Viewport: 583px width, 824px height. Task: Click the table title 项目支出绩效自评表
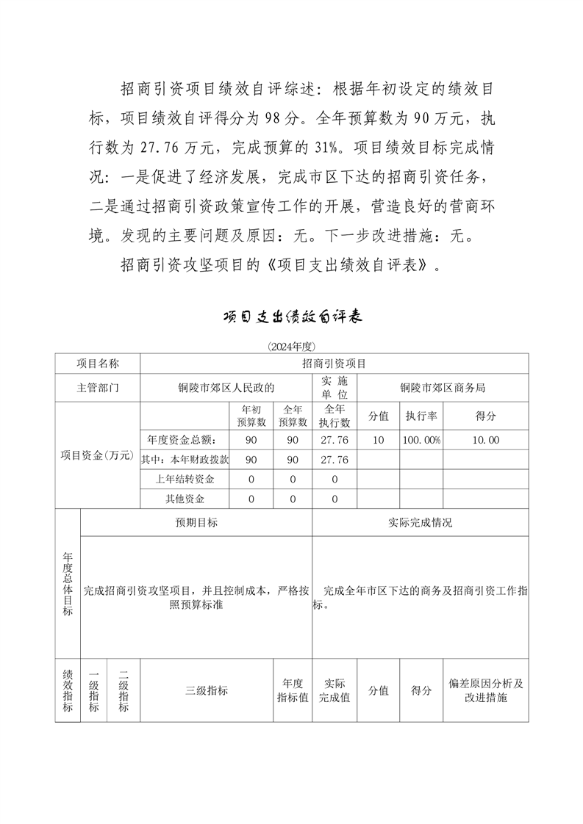[x=292, y=317]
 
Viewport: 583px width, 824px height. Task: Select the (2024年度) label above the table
[x=292, y=346]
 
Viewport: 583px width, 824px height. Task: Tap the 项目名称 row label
[x=98, y=364]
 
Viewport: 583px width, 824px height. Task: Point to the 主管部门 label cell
[x=98, y=388]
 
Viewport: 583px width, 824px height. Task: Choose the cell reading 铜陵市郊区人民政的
[x=226, y=388]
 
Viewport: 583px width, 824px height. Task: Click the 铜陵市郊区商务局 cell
[x=443, y=388]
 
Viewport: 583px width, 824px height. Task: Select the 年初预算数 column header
[x=251, y=416]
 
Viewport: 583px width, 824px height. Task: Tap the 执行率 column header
[x=421, y=416]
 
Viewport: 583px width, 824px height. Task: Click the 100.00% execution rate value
[x=421, y=440]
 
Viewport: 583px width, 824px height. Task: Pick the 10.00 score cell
[x=486, y=440]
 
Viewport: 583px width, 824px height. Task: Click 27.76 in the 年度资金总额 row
[x=335, y=440]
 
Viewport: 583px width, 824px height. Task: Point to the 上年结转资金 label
[x=185, y=480]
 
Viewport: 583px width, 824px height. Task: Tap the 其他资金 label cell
[x=185, y=499]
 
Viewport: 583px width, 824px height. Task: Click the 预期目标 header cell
[x=196, y=523]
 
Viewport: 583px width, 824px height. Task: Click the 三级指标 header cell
[x=207, y=690]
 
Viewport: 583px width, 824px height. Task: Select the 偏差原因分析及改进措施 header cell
[x=486, y=690]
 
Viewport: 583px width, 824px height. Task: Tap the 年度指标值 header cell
[x=293, y=690]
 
